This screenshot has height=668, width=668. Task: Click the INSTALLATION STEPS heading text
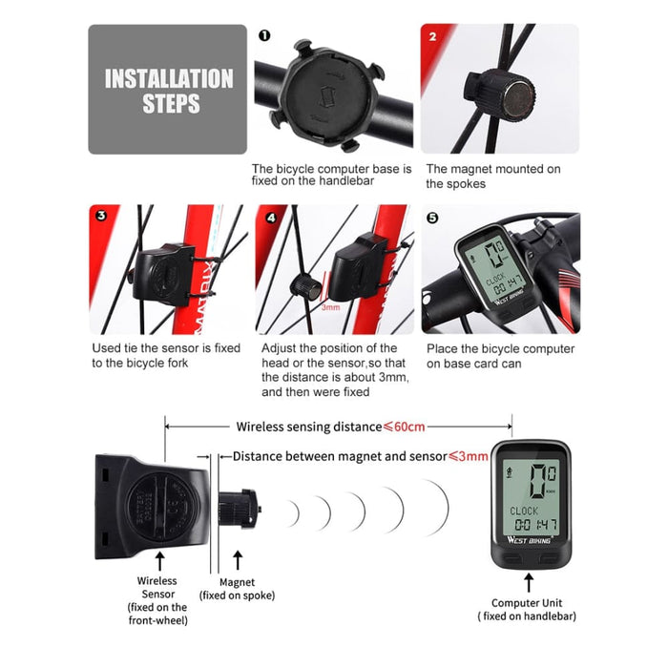168,91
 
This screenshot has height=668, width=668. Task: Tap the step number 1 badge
263,35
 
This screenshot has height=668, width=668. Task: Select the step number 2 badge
432,36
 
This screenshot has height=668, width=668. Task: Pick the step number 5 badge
432,218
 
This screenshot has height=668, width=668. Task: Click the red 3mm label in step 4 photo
330,307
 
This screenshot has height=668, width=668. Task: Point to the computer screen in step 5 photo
495,268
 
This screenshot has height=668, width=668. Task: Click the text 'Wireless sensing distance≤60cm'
330,427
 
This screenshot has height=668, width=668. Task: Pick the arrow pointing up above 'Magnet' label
237,560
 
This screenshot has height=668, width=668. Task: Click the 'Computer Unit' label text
527,602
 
